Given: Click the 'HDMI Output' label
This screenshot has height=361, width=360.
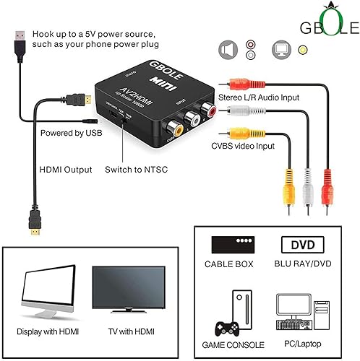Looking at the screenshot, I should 65,170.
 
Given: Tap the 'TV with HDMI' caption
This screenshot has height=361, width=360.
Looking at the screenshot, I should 128,331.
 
